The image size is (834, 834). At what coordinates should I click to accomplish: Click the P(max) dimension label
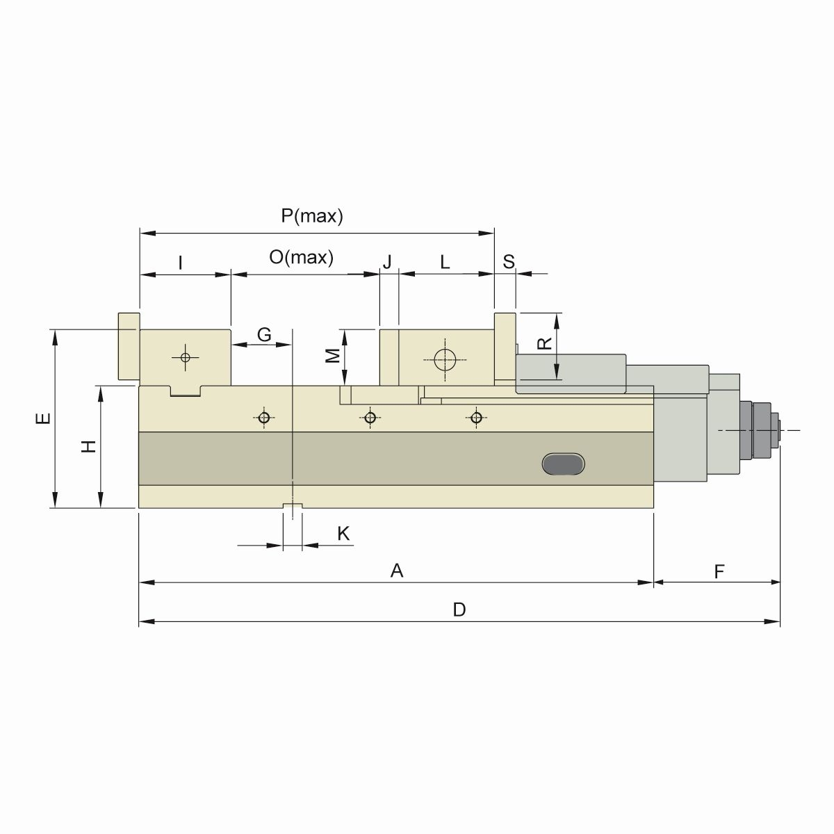pos(312,216)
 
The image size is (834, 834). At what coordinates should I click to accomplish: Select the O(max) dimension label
pos(302,258)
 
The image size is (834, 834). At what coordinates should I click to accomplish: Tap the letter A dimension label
pos(397,571)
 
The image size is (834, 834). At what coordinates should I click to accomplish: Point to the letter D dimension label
pos(459,610)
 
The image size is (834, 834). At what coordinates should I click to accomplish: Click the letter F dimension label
pos(719,571)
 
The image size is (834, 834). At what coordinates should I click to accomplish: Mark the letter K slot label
pos(343,534)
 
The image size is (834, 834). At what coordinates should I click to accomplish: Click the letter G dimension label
pos(264,334)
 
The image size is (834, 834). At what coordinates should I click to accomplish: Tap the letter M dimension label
pos(334,355)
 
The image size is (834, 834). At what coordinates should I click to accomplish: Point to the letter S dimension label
pos(509,262)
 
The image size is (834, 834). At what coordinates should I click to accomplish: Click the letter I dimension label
pos(181,263)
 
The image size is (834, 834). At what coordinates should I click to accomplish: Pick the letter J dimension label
pos(388,262)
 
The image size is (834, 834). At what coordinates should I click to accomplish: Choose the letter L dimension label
pos(445,262)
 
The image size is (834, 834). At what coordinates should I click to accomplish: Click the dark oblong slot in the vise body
pos(564,464)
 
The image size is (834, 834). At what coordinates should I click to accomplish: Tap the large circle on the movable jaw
pos(445,359)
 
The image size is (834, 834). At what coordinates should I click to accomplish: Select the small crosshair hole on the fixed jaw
pos(185,357)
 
